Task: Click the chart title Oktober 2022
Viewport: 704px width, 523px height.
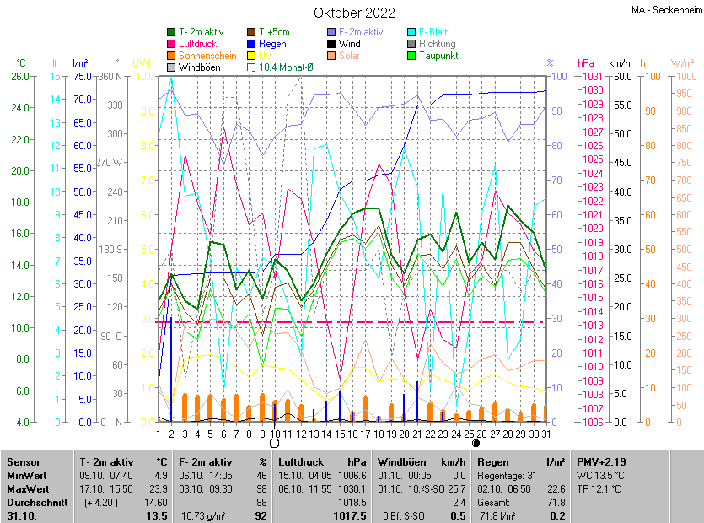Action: [x=354, y=13]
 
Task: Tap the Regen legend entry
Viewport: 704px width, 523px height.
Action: [x=271, y=44]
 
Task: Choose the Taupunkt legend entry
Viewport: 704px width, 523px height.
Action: [x=438, y=56]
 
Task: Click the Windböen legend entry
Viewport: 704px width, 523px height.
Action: [x=199, y=67]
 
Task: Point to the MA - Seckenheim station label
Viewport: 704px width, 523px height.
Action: [x=665, y=10]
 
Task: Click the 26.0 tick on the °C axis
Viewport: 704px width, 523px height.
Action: [x=20, y=76]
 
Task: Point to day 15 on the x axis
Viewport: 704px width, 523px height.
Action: [x=339, y=434]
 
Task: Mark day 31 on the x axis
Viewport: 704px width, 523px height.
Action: [x=545, y=434]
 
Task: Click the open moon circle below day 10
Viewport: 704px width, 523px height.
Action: [x=274, y=443]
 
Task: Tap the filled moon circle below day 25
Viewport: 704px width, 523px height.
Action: [x=475, y=443]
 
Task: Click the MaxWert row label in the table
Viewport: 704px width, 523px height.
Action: [x=29, y=490]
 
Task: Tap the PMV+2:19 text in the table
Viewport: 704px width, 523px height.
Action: [x=601, y=462]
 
